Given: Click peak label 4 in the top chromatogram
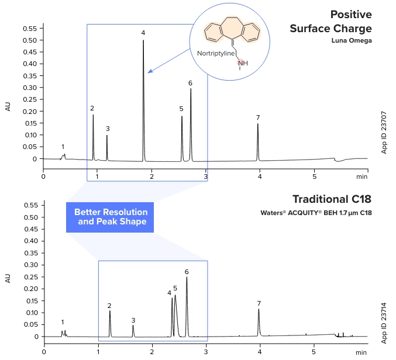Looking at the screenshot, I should (x=143, y=33).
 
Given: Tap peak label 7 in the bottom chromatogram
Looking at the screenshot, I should (x=259, y=303).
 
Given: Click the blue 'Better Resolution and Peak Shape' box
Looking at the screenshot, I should (x=111, y=217).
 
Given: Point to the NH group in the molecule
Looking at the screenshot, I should (x=242, y=63).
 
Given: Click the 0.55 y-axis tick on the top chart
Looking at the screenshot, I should (x=29, y=28).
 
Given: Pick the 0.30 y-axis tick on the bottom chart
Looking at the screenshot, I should (x=29, y=265).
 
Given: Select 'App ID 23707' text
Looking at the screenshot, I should (x=384, y=134).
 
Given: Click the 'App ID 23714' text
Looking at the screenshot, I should (x=384, y=323).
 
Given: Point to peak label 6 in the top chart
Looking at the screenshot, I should (x=190, y=83).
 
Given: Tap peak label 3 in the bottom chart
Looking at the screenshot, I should (x=133, y=320).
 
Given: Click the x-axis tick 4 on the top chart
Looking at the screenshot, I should (x=260, y=175).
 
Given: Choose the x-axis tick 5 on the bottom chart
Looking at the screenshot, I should (x=314, y=353).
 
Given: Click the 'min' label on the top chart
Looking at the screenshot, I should (x=362, y=175).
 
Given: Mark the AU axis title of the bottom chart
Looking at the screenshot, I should (x=8, y=278).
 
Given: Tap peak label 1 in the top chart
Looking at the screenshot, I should (x=63, y=147).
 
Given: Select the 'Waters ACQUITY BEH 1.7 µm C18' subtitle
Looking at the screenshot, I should (x=316, y=213).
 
